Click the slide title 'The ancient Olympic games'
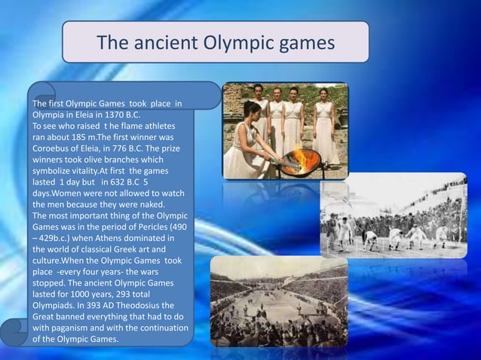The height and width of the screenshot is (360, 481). pyautogui.click(x=216, y=41)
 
